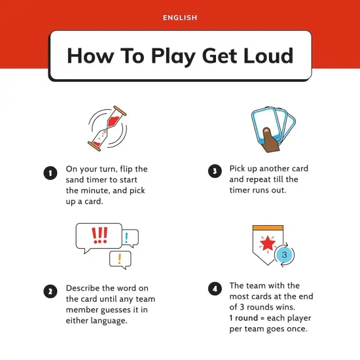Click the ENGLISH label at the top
point(180,18)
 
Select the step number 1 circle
point(50,173)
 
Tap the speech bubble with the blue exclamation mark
point(130,238)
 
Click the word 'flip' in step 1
point(128,169)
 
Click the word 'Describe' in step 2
point(84,288)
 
